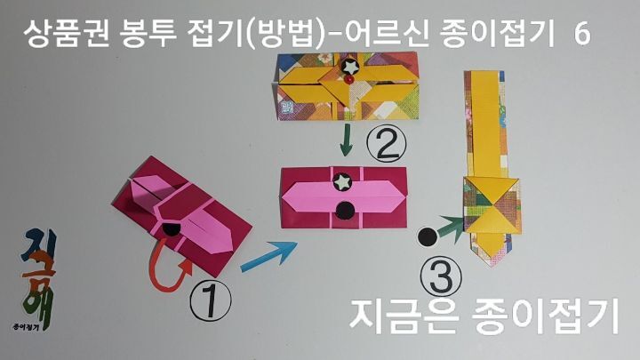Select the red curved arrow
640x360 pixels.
tap(169, 262)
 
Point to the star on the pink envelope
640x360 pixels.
tap(343, 181)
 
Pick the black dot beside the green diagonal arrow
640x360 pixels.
tap(429, 236)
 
